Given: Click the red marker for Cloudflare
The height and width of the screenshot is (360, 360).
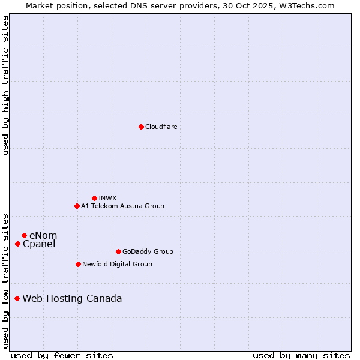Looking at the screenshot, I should pos(141,127).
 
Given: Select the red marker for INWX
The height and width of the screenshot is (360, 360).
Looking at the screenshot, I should pos(94,198).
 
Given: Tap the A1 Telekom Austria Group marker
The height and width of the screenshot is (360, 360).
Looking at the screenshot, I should pos(77,206).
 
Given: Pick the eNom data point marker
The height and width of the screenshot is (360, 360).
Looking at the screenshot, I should pos(24,235).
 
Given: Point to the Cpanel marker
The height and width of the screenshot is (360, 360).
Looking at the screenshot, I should pos(17,244).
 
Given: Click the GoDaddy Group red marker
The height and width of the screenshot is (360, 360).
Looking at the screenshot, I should pos(118,251).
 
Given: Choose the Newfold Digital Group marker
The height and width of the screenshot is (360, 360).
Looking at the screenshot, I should pos(78,264).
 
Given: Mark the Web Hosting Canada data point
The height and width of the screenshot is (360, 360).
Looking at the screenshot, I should pos(17,298).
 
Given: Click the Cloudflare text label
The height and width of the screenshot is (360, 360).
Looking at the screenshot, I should pos(161,127).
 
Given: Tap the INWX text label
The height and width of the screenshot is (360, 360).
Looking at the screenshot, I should pos(107,198).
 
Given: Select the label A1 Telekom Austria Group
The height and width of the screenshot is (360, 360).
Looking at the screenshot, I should pos(122,206).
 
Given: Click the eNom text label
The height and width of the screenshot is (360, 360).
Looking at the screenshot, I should pos(43,235).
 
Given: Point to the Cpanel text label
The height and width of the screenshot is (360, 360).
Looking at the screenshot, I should pos(39,244).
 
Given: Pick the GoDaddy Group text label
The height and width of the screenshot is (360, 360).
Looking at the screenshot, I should pos(147,251).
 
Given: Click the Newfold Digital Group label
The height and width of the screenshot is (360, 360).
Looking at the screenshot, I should pos(117,264).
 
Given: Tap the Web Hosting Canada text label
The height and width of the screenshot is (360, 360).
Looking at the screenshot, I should pos(72,298).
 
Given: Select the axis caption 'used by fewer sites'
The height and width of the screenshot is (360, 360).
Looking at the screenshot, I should pos(62,355).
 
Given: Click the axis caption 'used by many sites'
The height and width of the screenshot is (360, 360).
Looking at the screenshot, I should pos(301,355).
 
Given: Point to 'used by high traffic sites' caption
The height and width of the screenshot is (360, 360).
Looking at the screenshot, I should pos(5,85).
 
